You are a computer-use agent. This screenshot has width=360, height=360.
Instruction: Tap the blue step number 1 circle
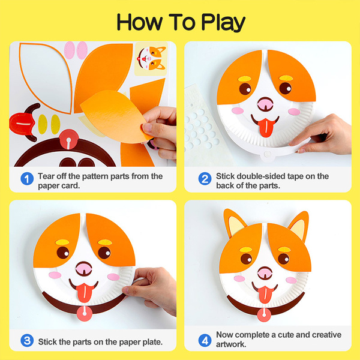(27, 179)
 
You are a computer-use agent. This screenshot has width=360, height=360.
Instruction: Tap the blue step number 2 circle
(205, 179)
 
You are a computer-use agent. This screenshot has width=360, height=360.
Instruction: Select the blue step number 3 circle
(27, 341)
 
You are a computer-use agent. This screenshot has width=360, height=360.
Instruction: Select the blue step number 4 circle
(205, 339)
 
